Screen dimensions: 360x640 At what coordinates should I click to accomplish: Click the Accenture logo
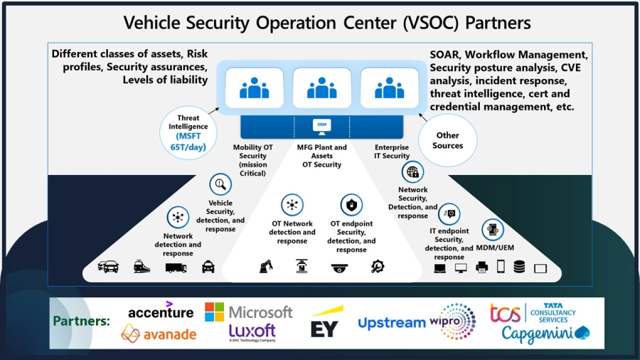161,311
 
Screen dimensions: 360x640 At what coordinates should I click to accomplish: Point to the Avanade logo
159,333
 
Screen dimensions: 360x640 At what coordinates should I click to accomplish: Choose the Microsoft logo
248,312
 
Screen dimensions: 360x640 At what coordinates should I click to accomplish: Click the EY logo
324,323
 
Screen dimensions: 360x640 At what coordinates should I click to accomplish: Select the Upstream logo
391,323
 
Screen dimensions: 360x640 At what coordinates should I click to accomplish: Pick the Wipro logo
453,321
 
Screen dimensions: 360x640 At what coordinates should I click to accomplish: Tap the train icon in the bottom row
142,267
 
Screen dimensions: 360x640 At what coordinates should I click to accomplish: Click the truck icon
176,268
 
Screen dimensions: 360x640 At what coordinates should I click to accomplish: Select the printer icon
481,268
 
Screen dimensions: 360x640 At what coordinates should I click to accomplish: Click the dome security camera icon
340,268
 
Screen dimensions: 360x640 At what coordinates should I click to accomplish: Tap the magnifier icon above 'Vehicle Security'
220,184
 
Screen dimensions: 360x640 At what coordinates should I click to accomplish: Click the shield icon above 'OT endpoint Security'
351,206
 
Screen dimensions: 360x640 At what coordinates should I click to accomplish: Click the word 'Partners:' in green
82,321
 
